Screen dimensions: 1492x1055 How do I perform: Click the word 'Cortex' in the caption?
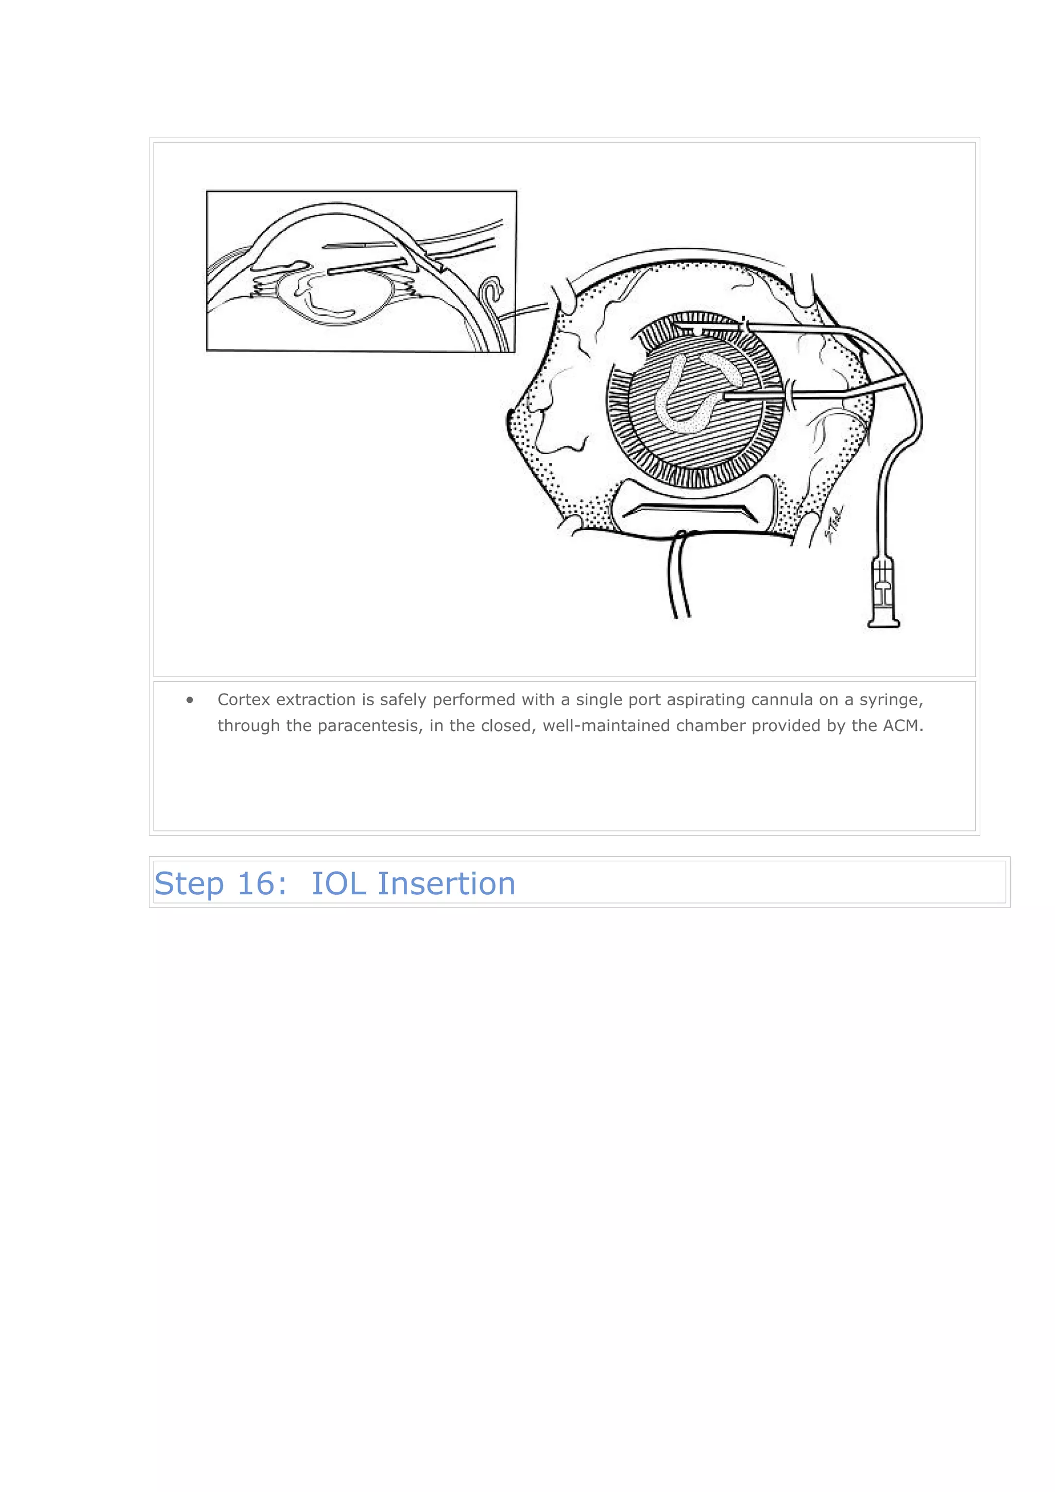[244, 700]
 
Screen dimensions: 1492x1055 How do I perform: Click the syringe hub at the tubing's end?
[883, 595]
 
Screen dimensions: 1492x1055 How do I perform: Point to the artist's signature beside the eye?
[834, 523]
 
